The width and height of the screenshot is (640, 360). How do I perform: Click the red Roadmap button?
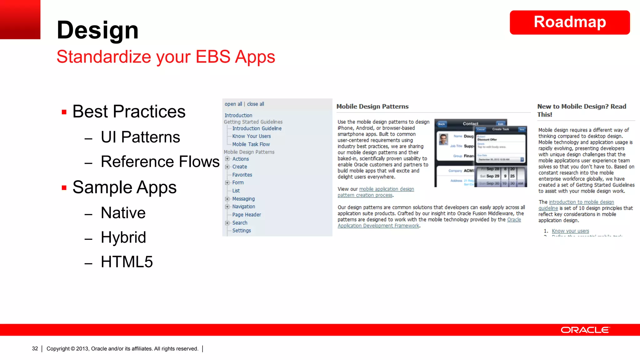(569, 22)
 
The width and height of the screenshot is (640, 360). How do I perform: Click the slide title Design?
(97, 30)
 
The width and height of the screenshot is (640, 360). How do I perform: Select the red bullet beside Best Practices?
(64, 112)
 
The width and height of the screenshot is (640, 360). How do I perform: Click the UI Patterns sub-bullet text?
(140, 137)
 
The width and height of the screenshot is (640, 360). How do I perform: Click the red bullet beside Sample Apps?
(64, 188)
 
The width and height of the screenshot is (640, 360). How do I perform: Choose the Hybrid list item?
(123, 237)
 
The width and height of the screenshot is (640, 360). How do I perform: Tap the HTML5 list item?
(127, 262)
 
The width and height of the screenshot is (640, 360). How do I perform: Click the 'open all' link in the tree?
(233, 104)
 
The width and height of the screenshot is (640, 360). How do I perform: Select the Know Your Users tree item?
(251, 136)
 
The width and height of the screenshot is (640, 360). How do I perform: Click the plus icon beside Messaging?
(227, 199)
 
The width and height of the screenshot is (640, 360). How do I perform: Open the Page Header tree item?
(246, 215)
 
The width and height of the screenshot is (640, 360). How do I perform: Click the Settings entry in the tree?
(241, 231)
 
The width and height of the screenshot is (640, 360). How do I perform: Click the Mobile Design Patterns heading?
(372, 107)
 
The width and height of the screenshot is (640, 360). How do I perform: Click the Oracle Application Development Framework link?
(378, 226)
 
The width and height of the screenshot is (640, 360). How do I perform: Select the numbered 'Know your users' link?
(570, 231)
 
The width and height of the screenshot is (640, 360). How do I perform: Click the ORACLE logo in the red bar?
(585, 330)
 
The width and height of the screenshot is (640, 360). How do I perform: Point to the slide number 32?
(35, 349)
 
